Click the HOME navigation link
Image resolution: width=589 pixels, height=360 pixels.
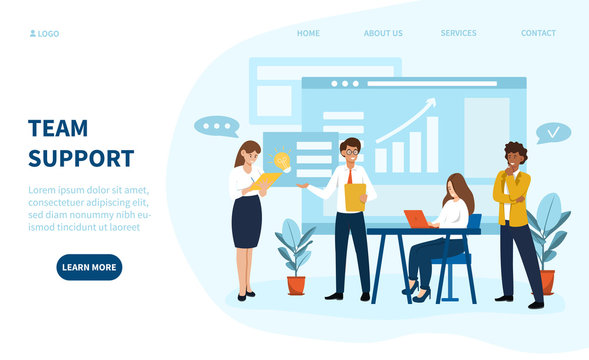[308, 33]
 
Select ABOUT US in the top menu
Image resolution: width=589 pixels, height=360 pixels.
[383, 33]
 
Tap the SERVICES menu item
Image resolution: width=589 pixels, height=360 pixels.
[458, 33]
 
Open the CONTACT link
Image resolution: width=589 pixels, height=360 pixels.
[538, 33]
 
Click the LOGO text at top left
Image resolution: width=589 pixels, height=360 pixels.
[48, 34]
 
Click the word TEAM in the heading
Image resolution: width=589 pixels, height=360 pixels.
[58, 128]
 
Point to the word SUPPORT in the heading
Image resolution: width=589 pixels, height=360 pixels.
[81, 158]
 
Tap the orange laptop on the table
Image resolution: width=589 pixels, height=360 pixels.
[416, 218]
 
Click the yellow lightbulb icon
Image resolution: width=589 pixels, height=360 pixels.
[281, 159]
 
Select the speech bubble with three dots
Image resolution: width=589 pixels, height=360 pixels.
[216, 127]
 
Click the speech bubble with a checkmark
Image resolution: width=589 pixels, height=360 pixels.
[552, 132]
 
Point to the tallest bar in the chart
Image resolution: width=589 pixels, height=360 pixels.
[432, 145]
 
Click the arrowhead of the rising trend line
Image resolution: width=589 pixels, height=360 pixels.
[431, 101]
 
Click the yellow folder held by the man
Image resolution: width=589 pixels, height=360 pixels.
[355, 197]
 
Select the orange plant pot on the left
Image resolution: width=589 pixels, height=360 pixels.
[296, 285]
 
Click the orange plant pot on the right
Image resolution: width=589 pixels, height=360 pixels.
[547, 281]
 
